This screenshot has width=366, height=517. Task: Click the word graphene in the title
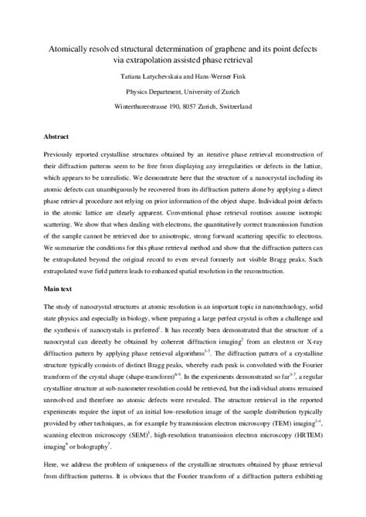click(x=231, y=49)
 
